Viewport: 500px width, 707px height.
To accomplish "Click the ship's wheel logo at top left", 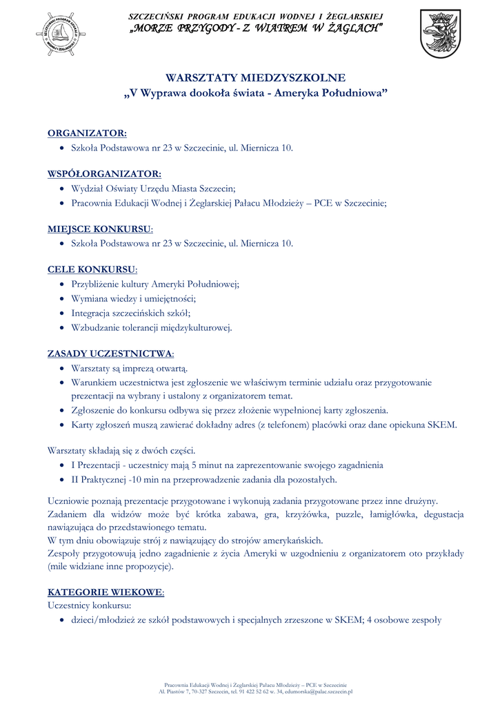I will tap(61, 34).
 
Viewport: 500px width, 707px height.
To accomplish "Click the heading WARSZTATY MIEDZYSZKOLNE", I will tap(255, 78).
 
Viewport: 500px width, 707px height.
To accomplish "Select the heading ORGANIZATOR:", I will tap(87, 133).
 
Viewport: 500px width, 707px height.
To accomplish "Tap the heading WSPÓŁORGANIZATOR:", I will tap(104, 173).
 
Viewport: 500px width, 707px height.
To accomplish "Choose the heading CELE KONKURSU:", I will tap(92, 269).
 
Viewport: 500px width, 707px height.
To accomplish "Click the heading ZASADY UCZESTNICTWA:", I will tap(110, 353).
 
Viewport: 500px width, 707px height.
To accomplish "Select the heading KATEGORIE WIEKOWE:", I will tap(106, 592).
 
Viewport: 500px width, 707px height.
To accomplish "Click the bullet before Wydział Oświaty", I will tap(63, 188).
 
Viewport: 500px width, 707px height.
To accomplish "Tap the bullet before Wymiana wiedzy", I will tap(63, 298).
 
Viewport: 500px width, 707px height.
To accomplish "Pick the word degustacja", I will tap(439, 514).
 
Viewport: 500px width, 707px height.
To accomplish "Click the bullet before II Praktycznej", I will tap(63, 480).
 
